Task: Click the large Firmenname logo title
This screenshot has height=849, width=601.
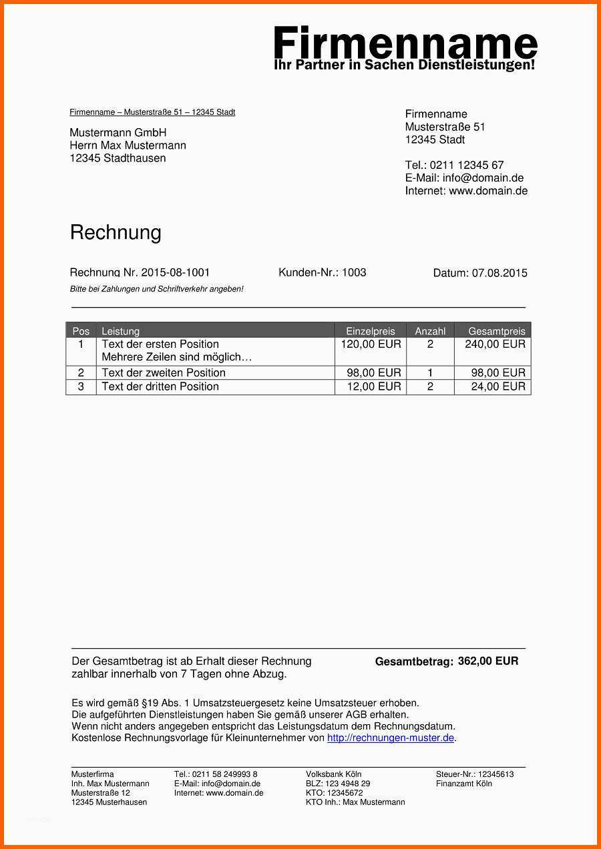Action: click(x=405, y=44)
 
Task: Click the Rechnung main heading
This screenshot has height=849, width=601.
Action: click(x=116, y=232)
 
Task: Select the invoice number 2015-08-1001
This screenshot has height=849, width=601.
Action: click(x=175, y=272)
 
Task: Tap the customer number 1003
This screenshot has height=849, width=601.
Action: click(x=354, y=272)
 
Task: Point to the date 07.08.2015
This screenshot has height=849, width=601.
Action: click(x=499, y=273)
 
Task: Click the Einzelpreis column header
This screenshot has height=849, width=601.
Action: click(x=371, y=331)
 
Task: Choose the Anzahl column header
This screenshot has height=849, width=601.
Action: click(x=430, y=331)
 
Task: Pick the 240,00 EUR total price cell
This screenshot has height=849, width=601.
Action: click(x=495, y=344)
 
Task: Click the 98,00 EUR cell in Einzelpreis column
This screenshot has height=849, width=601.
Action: click(x=374, y=372)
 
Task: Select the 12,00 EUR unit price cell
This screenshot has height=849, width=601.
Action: click(x=374, y=386)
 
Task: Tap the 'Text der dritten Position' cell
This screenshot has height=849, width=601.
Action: click(x=160, y=386)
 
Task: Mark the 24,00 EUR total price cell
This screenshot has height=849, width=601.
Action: click(x=498, y=386)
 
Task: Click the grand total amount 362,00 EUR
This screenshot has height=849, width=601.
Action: click(x=488, y=661)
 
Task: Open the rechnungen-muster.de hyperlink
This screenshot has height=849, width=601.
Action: click(x=391, y=738)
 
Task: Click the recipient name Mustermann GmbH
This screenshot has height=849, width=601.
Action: click(x=118, y=133)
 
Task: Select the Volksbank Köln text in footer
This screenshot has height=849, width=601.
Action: click(x=334, y=774)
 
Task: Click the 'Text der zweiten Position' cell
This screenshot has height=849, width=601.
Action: click(x=164, y=372)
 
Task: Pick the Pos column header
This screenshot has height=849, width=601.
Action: click(x=81, y=331)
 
